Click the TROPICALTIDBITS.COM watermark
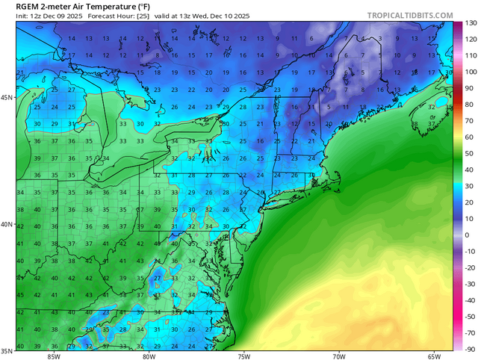[410, 15]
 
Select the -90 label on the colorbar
[470, 349]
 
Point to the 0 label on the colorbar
[467, 235]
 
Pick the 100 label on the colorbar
[470, 72]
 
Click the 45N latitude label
[7, 98]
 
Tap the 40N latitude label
[7, 224]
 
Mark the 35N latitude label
[7, 350]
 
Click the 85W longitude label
[53, 356]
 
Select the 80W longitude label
[149, 356]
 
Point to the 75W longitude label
[243, 356]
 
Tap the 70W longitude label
[338, 356]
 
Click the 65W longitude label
[434, 356]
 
